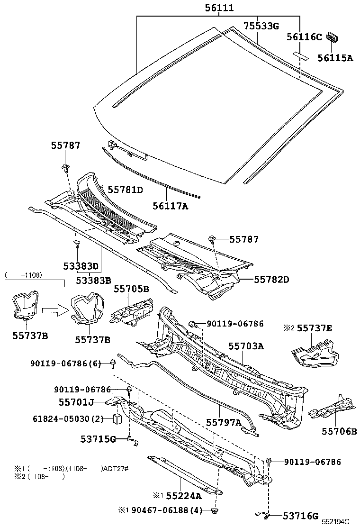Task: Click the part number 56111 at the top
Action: [219, 8]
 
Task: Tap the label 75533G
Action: [261, 26]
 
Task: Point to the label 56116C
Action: [304, 37]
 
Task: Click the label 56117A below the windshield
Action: [170, 206]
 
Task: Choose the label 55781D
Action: [125, 190]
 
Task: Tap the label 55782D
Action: [271, 279]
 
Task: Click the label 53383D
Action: [81, 266]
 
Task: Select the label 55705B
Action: [131, 289]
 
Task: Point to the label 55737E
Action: [315, 328]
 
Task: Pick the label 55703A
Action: [246, 346]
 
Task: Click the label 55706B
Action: [340, 431]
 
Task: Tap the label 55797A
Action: [224, 422]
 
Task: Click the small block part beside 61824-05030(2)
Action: [117, 419]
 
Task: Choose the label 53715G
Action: [98, 439]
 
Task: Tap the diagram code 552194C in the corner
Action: [336, 521]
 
